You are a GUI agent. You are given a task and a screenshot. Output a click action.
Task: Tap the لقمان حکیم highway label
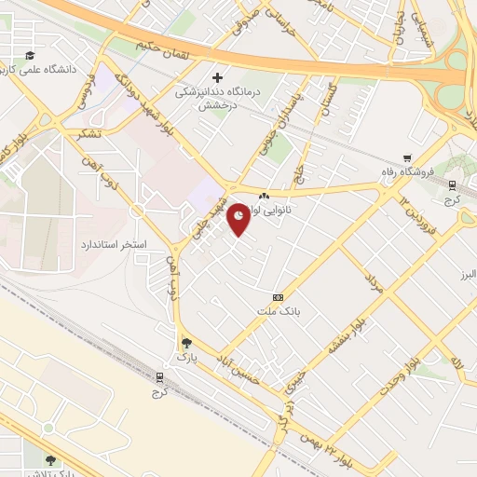point(161,44)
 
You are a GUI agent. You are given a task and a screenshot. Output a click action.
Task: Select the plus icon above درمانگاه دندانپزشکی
point(218,77)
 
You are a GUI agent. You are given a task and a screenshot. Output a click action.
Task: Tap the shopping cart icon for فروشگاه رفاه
point(407,158)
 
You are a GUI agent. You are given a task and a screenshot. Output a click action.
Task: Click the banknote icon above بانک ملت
point(278,295)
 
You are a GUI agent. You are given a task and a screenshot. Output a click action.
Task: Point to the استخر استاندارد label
point(102,243)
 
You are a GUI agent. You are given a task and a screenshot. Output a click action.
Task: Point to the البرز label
point(466,276)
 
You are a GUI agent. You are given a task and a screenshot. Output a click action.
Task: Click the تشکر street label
point(90,133)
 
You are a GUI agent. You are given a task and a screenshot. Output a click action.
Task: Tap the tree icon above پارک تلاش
point(50,459)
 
